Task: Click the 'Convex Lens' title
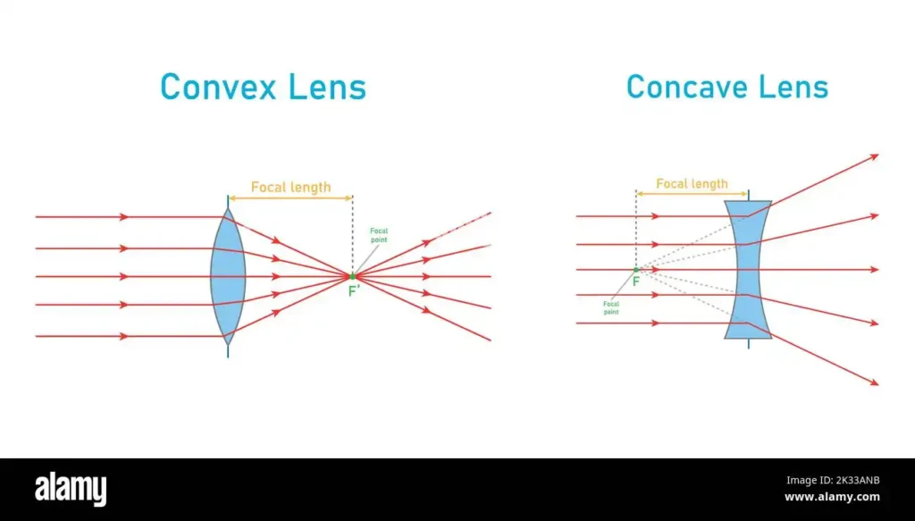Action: click(x=264, y=87)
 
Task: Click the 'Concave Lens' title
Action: click(x=727, y=87)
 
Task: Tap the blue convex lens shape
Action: click(x=228, y=276)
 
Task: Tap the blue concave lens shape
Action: click(x=748, y=270)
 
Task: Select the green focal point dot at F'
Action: click(x=352, y=276)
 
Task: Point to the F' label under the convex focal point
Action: click(x=354, y=290)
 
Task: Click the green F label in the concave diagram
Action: click(x=636, y=282)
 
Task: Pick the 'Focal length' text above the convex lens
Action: click(x=290, y=188)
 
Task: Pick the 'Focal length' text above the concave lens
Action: click(x=693, y=184)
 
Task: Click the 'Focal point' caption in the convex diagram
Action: click(x=379, y=235)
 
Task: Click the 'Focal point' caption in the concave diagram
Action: click(x=611, y=307)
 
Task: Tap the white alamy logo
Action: click(x=71, y=489)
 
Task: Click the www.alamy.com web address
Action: click(x=832, y=497)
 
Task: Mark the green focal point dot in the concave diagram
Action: click(x=636, y=270)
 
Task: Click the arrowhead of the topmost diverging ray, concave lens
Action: click(x=875, y=156)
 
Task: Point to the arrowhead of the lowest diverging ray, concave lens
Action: click(x=875, y=382)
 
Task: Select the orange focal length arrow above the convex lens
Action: click(x=290, y=198)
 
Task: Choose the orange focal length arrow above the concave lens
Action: click(x=693, y=194)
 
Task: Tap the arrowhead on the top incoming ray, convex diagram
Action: click(x=123, y=217)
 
